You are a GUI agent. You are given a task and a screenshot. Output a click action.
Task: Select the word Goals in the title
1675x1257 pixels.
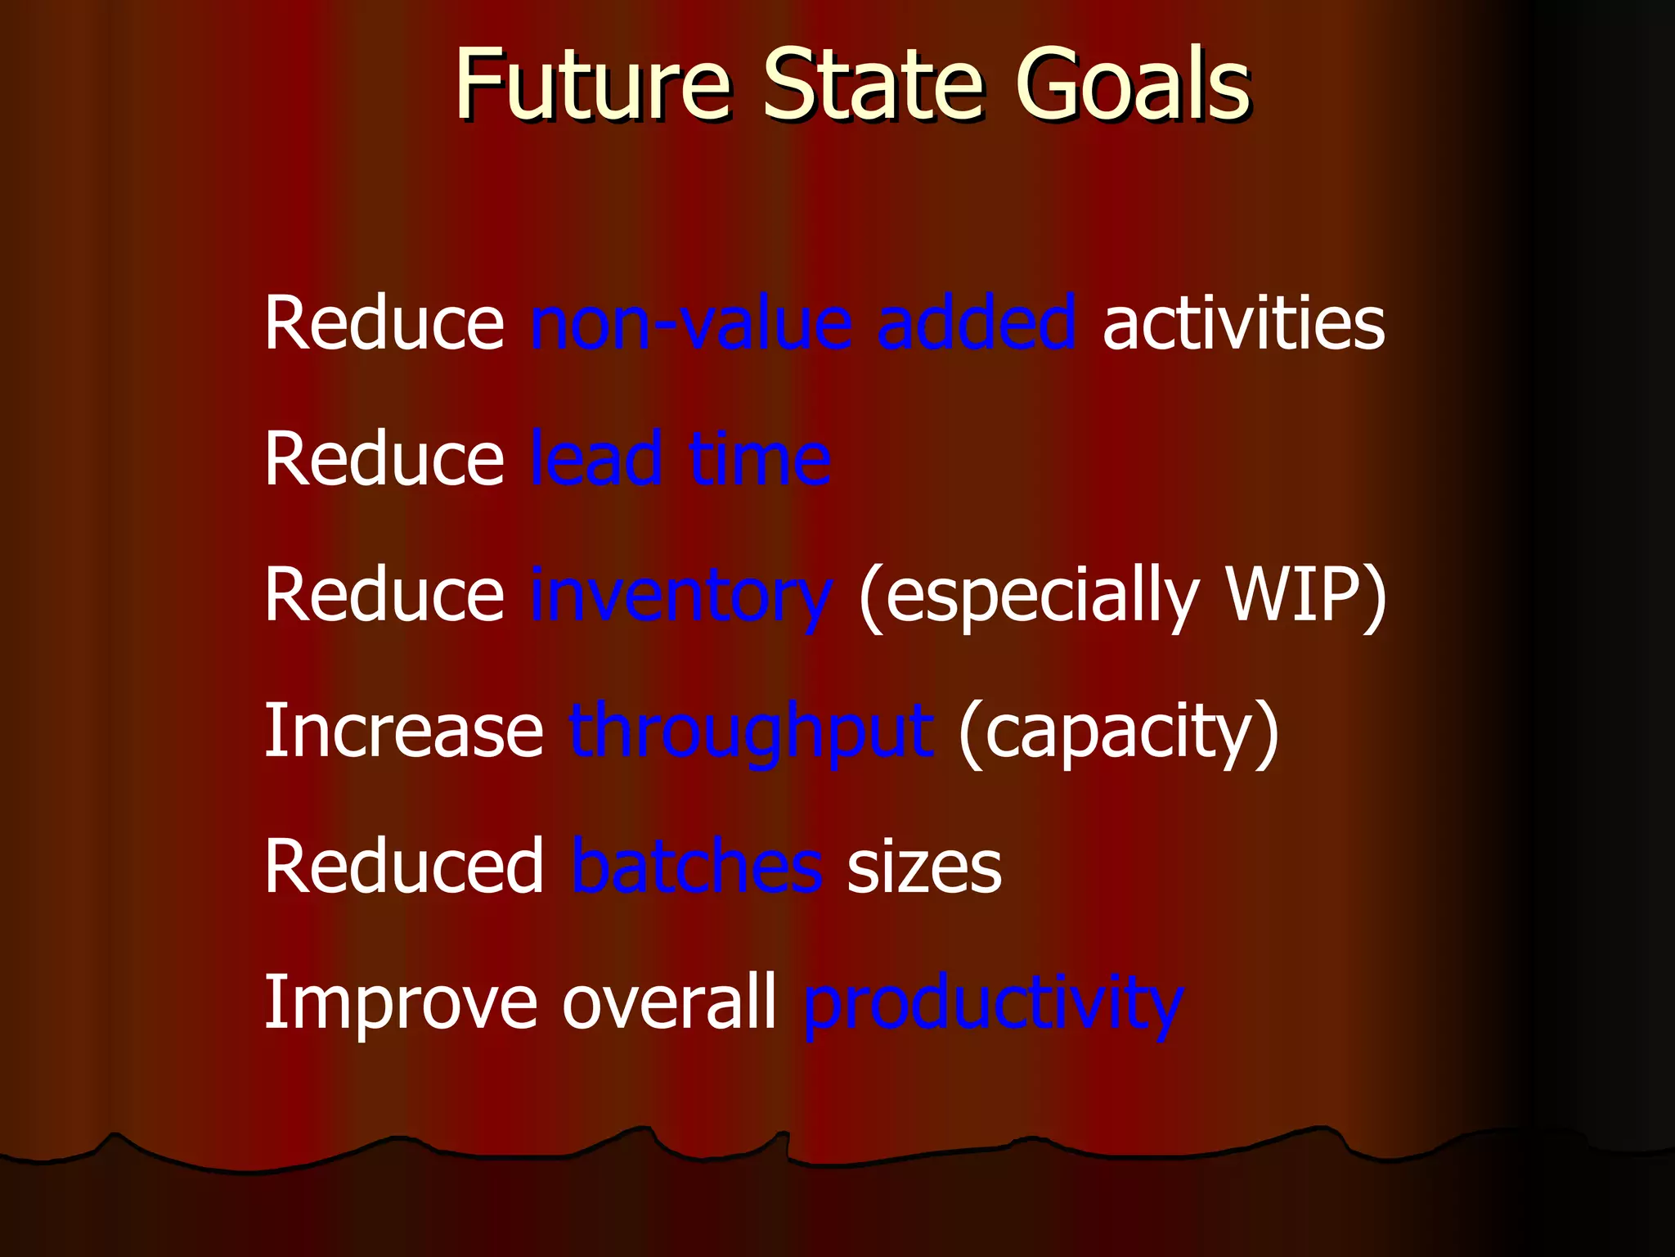click(1133, 83)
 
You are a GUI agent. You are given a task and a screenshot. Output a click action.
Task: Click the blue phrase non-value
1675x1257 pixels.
click(692, 324)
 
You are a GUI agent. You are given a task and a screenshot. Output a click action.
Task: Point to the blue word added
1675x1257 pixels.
click(977, 324)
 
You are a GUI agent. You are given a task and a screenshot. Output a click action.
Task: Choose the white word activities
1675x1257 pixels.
click(1243, 324)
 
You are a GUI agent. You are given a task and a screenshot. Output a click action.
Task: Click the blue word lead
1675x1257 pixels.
click(596, 460)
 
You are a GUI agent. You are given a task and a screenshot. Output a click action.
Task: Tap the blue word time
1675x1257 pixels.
click(760, 460)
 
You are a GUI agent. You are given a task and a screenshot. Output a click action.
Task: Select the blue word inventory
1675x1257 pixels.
click(681, 597)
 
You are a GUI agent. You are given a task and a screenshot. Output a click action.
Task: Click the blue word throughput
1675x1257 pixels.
click(751, 732)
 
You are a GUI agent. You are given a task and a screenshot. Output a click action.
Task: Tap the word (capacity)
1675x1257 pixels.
click(1118, 732)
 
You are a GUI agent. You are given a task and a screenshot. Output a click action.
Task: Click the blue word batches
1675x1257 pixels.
click(697, 867)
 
